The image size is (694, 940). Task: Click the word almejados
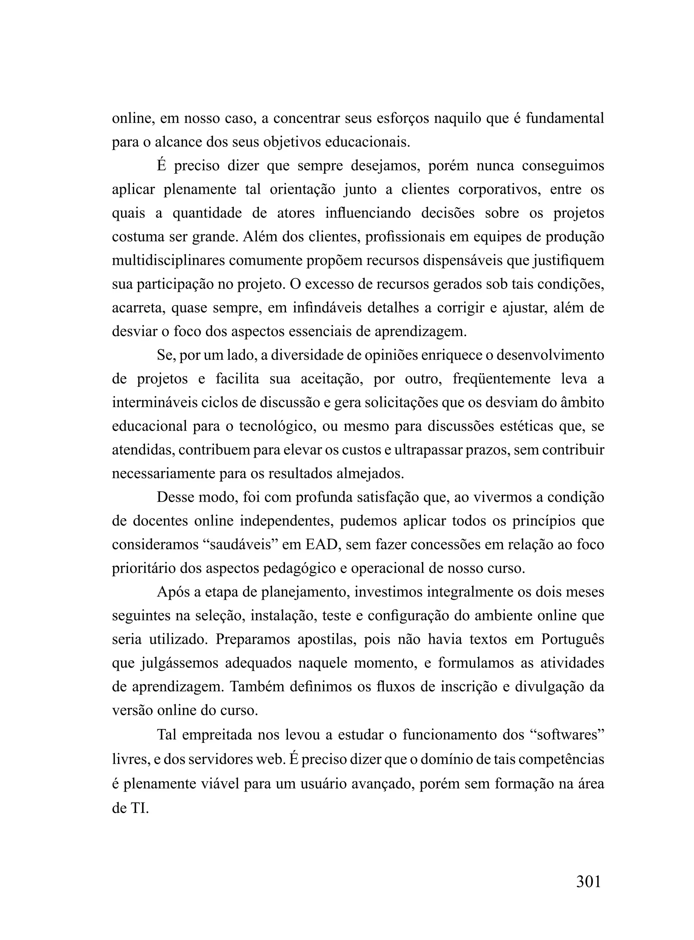(x=370, y=474)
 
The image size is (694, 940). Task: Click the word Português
(x=572, y=640)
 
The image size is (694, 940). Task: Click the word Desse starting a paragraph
(x=175, y=498)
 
